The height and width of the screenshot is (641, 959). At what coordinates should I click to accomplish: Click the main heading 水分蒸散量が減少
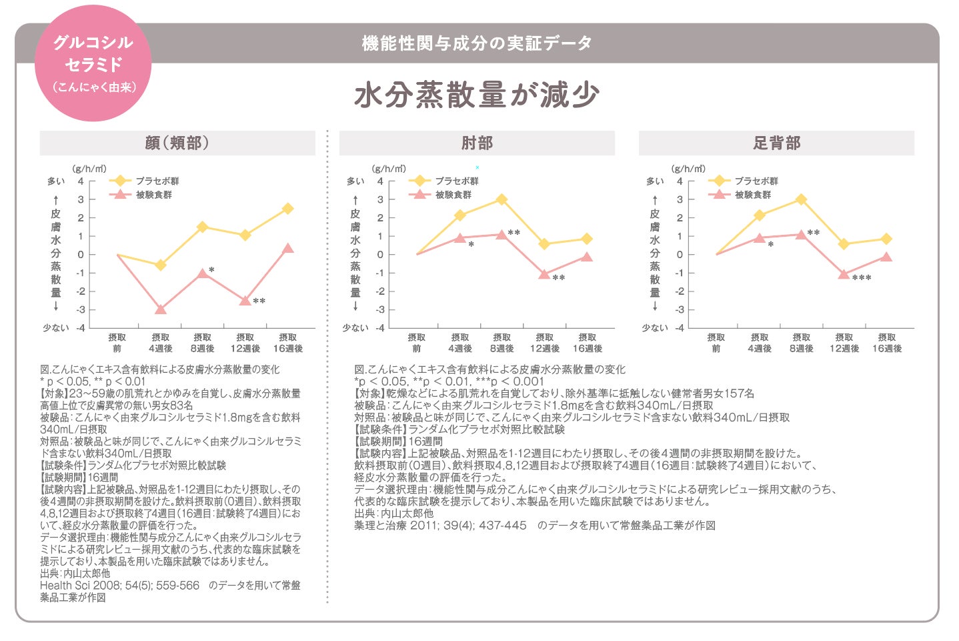476,95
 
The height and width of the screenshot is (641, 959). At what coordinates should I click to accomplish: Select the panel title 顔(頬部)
177,143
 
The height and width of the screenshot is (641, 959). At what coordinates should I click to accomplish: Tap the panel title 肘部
477,143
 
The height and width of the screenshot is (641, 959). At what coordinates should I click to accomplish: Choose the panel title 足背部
776,143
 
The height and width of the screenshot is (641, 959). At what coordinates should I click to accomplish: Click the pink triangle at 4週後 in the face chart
160,309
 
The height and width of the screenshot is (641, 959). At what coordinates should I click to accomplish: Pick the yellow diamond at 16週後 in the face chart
287,209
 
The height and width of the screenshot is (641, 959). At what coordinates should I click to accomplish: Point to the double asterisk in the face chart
259,302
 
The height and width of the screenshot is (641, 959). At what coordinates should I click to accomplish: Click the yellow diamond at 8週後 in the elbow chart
502,199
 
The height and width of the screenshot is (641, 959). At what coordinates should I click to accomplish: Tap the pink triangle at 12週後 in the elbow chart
544,274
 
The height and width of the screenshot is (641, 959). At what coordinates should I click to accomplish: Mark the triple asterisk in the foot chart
861,278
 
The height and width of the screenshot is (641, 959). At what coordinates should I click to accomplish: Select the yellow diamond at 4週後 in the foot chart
759,215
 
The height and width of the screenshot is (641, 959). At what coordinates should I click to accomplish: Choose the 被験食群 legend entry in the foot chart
752,195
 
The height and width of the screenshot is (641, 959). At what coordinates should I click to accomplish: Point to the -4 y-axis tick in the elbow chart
379,328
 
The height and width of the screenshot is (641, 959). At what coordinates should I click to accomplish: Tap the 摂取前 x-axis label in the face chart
117,343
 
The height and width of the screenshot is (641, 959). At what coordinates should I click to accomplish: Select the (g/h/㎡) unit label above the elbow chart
388,169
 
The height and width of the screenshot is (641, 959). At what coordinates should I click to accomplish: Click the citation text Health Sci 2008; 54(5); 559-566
119,585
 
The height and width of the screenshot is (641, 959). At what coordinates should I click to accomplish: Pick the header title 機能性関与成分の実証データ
477,43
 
